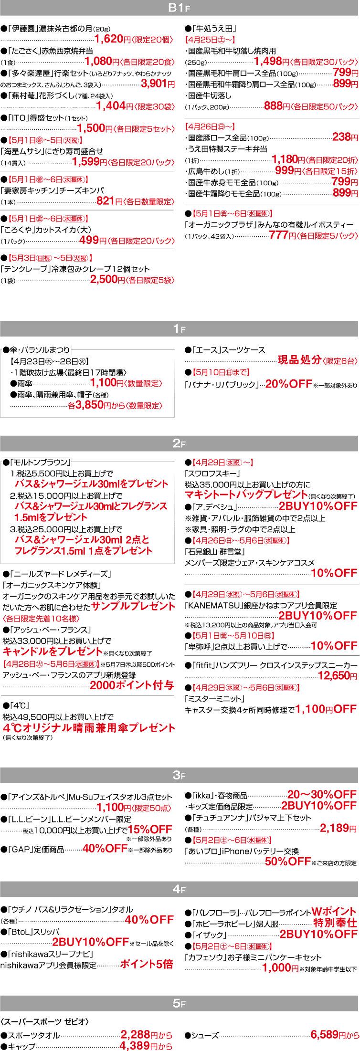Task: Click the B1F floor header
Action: tap(180, 8)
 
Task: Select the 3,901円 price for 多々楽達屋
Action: tap(155, 84)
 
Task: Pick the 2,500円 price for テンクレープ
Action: tap(107, 280)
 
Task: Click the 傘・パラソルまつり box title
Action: tap(36, 350)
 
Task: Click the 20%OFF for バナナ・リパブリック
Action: tap(288, 384)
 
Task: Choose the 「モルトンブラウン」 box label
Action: tap(37, 462)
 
